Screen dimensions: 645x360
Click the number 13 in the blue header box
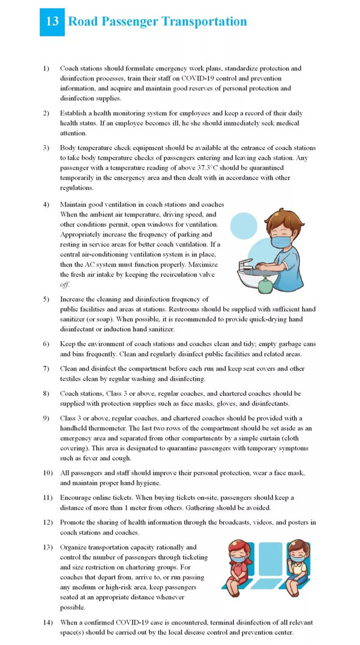(x=52, y=22)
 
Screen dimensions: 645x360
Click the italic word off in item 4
(x=65, y=284)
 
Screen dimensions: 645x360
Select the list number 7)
(x=46, y=369)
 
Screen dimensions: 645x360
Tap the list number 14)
(x=48, y=622)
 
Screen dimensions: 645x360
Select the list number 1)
(x=46, y=69)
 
